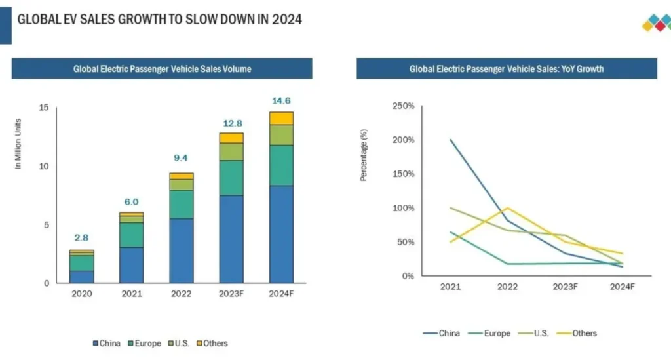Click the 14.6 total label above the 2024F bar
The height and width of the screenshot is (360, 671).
point(281,101)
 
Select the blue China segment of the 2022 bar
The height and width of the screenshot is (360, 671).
point(182,250)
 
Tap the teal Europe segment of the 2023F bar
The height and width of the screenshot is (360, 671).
point(231,178)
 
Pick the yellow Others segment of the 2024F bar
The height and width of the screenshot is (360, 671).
point(281,118)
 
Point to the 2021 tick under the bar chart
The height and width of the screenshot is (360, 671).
point(131,294)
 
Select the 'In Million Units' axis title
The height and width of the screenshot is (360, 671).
point(19,144)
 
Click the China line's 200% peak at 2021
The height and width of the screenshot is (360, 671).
point(450,140)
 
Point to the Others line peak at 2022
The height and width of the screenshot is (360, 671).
point(508,208)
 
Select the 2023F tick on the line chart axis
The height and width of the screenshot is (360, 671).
point(565,287)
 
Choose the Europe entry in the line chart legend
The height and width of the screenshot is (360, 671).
point(492,333)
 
